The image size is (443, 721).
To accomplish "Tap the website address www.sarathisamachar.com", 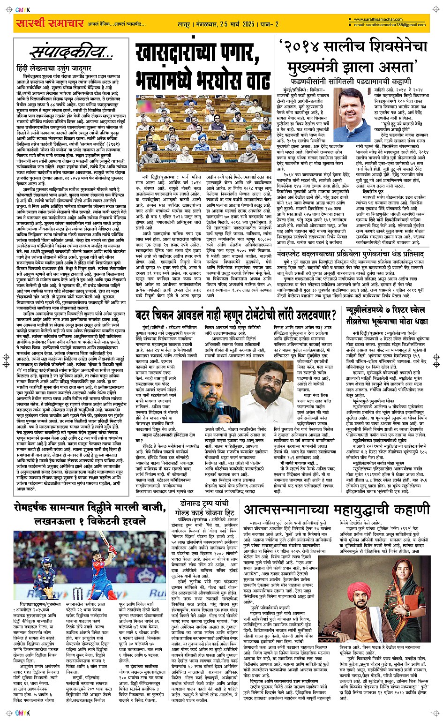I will (x=378, y=20).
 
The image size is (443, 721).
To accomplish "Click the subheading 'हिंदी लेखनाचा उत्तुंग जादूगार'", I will (x=53, y=68).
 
